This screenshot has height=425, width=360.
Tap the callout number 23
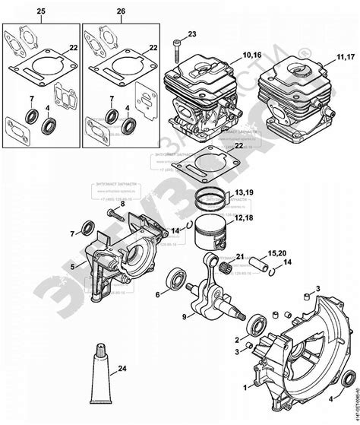192,33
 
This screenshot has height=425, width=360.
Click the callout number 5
72,267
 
